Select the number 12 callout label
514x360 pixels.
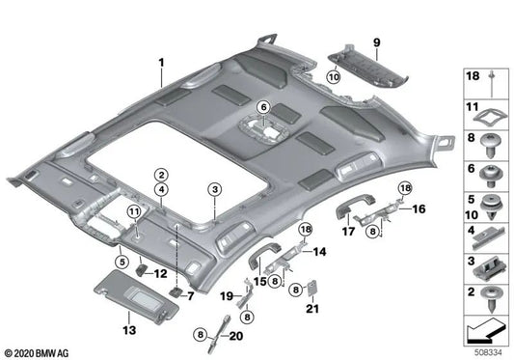[x=160, y=274]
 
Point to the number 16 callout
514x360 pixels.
[x=419, y=208]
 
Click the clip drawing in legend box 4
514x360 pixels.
[x=487, y=233]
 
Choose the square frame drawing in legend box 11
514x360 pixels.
[x=487, y=115]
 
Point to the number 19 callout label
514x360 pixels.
[x=229, y=295]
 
